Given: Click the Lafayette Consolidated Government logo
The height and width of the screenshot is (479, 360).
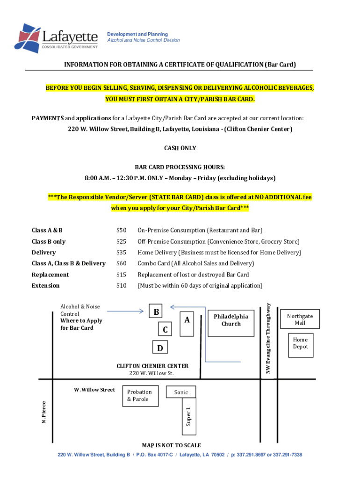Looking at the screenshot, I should [x=56, y=37].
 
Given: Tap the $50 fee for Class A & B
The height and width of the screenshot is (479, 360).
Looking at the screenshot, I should [x=122, y=230].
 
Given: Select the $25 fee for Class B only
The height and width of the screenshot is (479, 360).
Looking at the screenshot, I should [x=122, y=241].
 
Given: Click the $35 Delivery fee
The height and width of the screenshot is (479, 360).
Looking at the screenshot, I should [x=122, y=253].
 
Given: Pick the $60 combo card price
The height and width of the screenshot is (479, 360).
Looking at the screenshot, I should [x=122, y=263].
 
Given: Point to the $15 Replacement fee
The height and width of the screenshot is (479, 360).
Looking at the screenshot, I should [x=122, y=275].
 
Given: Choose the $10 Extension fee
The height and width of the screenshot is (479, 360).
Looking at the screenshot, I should [x=122, y=285].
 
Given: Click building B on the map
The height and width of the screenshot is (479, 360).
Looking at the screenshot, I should [x=157, y=312].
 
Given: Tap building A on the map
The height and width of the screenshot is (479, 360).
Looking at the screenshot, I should [x=187, y=320].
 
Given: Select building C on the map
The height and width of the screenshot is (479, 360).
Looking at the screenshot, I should [x=166, y=329].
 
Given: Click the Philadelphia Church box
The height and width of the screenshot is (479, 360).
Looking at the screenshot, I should [x=231, y=320].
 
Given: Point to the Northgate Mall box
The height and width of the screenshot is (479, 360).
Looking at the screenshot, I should [x=300, y=319].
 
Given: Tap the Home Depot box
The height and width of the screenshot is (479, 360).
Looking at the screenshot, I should [x=300, y=343].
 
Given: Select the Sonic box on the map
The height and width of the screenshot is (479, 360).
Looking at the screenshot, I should [x=181, y=392].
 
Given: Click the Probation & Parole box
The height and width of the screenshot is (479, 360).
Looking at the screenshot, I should [x=140, y=396].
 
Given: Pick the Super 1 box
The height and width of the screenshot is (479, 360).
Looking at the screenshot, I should [x=188, y=415].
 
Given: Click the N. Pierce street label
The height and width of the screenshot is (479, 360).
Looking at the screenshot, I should [x=44, y=413].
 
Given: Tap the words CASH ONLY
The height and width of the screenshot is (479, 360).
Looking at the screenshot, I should [x=180, y=148].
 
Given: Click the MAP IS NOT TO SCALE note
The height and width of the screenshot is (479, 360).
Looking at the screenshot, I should [x=172, y=445].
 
